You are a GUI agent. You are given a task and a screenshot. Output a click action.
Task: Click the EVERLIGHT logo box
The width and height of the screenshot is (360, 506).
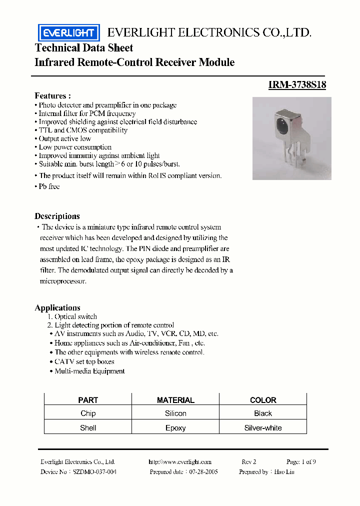click(69, 33)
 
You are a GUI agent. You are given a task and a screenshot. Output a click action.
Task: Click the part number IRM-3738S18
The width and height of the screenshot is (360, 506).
click(297, 85)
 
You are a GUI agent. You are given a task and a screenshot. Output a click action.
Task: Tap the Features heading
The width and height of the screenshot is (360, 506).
click(52, 95)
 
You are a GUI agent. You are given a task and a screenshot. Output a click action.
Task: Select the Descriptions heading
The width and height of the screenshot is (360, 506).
click(57, 216)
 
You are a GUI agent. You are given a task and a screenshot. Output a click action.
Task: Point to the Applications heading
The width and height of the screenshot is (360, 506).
click(57, 307)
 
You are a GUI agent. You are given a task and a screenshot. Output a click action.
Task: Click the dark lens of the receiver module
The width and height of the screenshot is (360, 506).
click(281, 122)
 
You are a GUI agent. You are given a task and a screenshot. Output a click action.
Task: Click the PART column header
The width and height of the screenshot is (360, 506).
click(88, 400)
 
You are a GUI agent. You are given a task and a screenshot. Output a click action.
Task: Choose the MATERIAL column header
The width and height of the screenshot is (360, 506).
click(175, 400)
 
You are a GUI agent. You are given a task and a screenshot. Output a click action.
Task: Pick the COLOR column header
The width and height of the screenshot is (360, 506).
click(263, 400)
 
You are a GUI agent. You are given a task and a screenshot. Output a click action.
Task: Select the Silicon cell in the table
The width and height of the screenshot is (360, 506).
click(175, 413)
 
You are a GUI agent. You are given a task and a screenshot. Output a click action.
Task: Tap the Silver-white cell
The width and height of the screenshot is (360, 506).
click(263, 428)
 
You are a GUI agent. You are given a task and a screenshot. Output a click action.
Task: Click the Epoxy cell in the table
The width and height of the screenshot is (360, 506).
click(175, 428)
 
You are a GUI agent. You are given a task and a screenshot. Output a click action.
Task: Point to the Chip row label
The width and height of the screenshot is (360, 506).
click(88, 413)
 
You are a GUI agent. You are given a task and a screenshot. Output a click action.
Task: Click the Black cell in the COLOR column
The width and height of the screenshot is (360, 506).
click(263, 413)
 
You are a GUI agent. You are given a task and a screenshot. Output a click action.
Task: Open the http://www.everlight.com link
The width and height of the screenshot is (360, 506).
click(180, 462)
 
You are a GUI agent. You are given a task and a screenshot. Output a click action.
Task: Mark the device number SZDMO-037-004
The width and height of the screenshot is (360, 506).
click(94, 471)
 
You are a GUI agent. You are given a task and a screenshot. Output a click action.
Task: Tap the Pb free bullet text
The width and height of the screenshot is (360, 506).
click(49, 186)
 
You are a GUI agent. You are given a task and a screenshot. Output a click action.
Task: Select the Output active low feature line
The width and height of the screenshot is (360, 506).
click(64, 138)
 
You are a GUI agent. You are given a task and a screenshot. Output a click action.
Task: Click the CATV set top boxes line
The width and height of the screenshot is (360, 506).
click(84, 361)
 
